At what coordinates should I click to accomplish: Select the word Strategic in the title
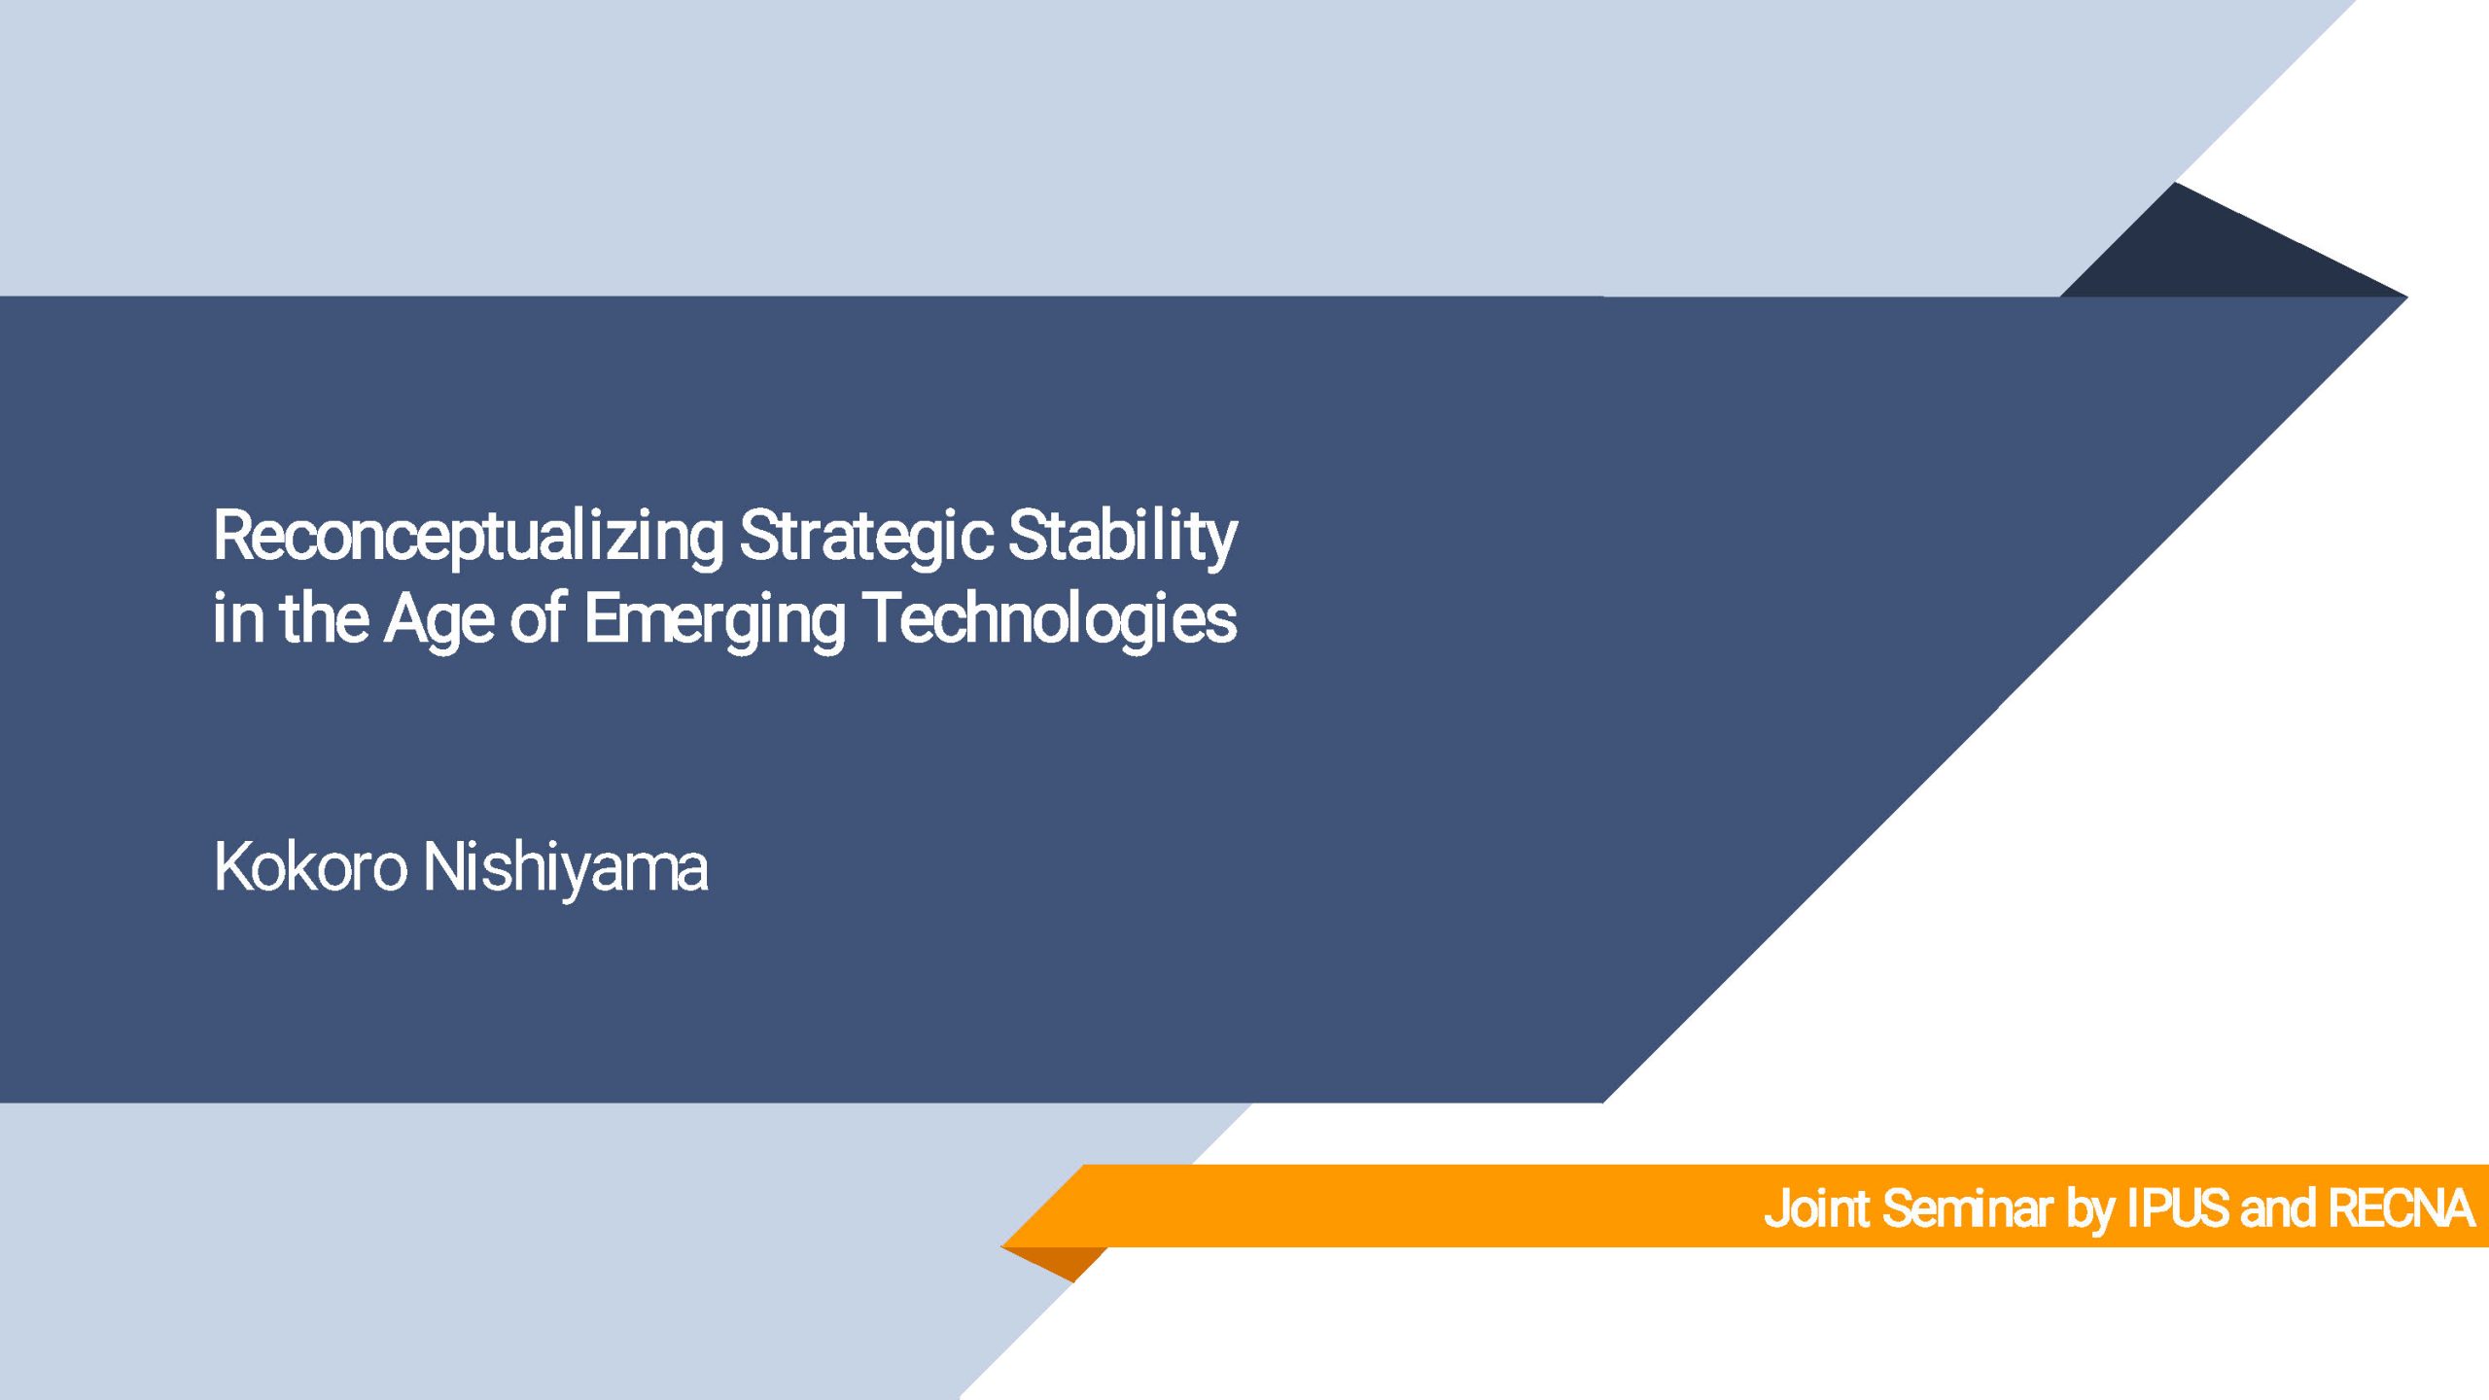pos(866,538)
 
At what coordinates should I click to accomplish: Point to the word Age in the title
pos(439,620)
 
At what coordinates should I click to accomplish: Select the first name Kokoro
pos(310,867)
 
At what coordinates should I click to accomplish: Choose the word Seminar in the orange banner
pos(1967,1208)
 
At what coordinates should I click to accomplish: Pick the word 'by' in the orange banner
pos(2089,1210)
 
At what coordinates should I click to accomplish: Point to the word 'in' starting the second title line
pos(238,618)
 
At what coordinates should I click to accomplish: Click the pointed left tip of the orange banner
pos(1002,1246)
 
